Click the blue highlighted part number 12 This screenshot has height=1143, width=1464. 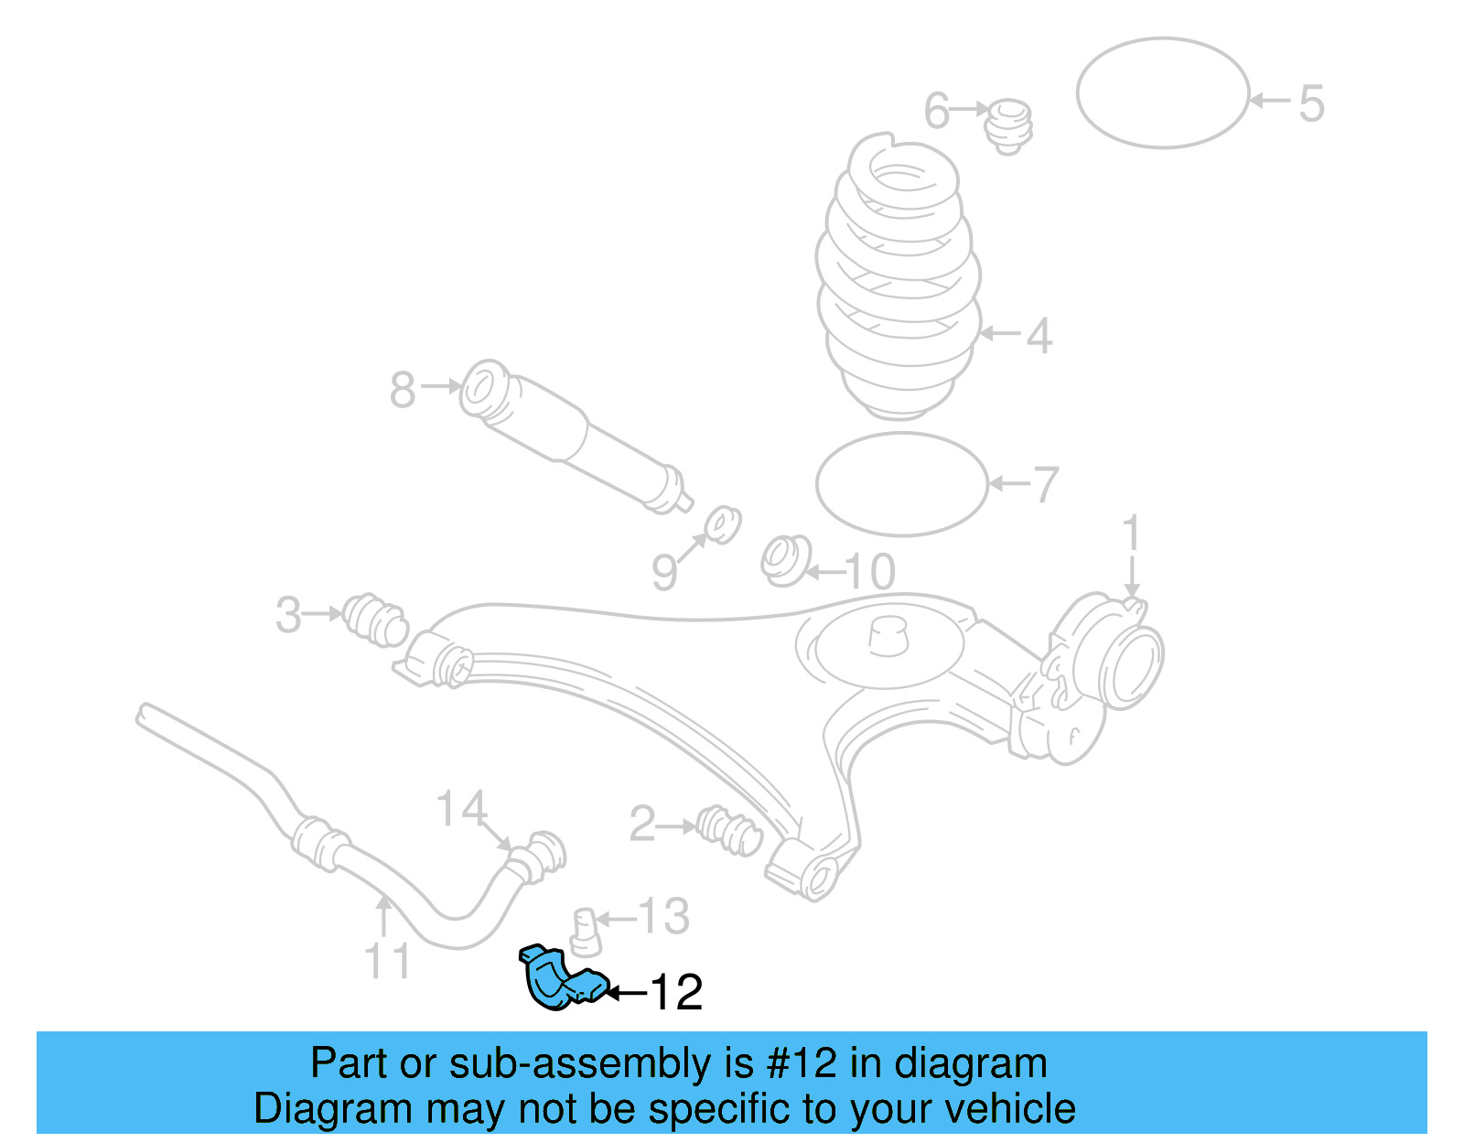[x=559, y=979]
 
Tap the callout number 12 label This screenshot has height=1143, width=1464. [x=676, y=993]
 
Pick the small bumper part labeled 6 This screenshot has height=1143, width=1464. [x=1009, y=124]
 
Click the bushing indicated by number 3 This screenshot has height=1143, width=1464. [x=375, y=619]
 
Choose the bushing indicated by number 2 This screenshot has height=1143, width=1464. [x=729, y=829]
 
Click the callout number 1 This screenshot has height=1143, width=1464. [x=1132, y=534]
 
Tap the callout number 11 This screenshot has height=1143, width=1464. [x=388, y=961]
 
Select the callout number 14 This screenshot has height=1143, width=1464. [x=461, y=808]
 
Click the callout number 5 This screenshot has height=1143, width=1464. [x=1311, y=103]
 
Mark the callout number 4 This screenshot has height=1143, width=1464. [x=1039, y=336]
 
